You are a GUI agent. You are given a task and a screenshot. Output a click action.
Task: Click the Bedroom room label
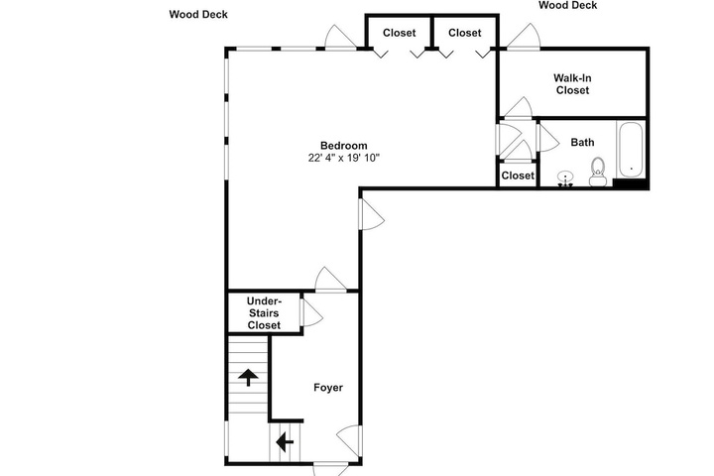coord(344,146)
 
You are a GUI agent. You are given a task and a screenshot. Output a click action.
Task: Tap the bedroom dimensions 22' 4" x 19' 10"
coord(344,158)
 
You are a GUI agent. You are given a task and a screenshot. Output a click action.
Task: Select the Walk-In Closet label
coord(572,84)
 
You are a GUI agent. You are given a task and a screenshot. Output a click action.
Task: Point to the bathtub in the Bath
coord(631,150)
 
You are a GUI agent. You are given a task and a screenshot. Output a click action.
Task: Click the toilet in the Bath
coord(597,172)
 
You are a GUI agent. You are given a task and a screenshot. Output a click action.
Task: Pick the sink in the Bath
coord(565,178)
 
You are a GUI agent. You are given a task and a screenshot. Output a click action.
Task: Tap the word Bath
coord(582,143)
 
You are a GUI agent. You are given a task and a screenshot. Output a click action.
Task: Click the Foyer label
coord(328,388)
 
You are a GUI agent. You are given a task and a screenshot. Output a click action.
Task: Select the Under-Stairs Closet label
coord(264,313)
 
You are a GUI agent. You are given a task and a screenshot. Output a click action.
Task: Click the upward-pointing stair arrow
coord(248,377)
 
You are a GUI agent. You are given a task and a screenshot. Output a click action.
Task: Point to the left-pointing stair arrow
coord(285,441)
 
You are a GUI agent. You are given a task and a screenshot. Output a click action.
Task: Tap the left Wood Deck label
coord(198,15)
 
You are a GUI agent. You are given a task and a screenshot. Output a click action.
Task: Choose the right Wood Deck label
coord(568,6)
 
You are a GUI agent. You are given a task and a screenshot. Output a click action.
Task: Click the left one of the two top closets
coord(399,33)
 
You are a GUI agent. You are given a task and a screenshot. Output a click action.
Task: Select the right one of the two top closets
coord(464,33)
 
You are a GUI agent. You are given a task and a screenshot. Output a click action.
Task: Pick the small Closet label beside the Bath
coord(518,176)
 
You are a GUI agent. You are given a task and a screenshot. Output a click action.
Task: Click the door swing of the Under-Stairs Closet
coord(312,312)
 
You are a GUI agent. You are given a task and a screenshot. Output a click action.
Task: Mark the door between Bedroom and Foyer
coord(330,280)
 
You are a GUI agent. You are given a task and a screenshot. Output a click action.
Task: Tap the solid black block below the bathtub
coord(631,183)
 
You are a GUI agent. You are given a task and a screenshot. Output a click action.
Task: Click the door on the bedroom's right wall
coord(372,215)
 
